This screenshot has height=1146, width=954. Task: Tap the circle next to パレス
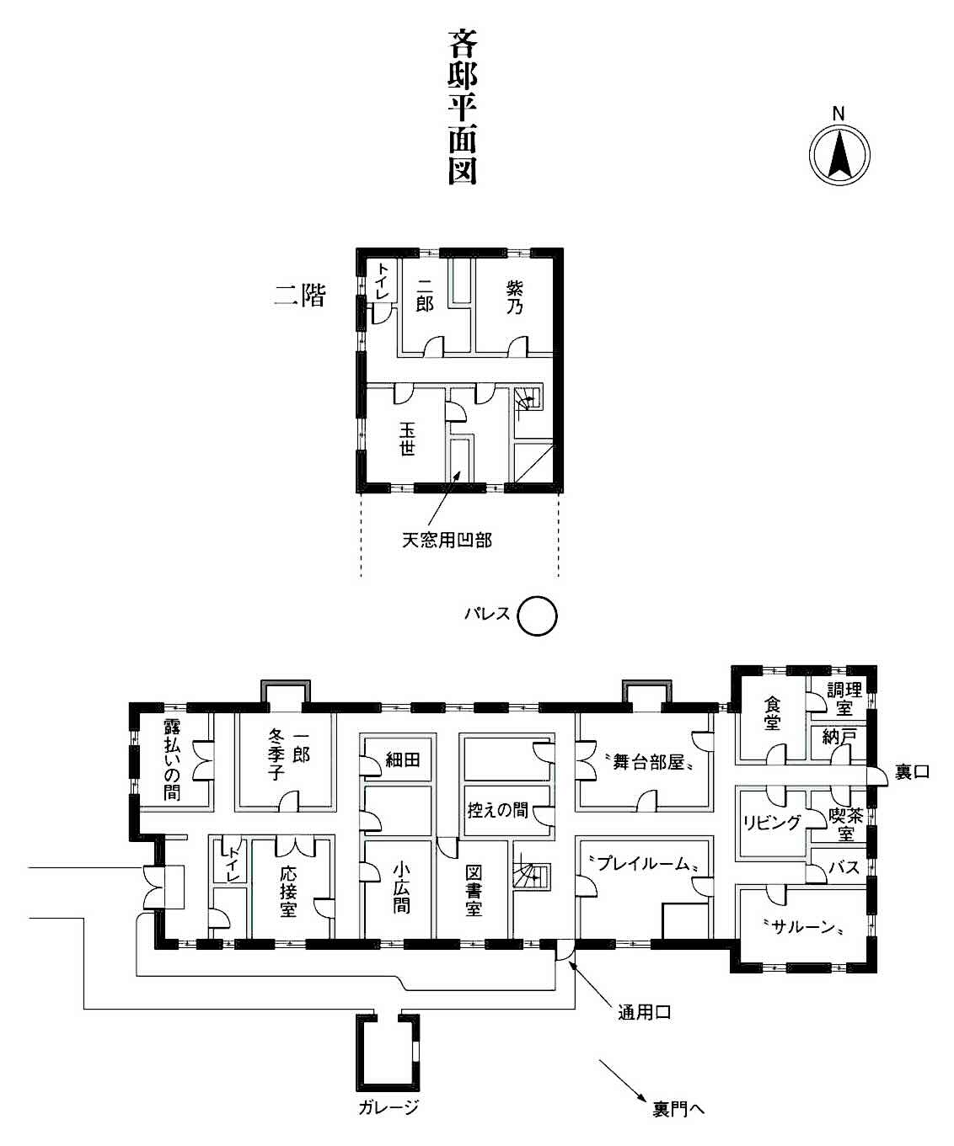(x=538, y=616)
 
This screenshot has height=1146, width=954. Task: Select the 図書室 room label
(x=474, y=891)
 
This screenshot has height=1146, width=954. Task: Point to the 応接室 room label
(x=288, y=892)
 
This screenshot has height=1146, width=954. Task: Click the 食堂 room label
(x=772, y=713)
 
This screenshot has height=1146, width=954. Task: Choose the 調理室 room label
(x=844, y=699)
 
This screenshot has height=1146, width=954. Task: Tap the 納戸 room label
(x=839, y=737)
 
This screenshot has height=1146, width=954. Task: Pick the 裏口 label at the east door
(x=912, y=771)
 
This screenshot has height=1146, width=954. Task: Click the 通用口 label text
(x=644, y=1013)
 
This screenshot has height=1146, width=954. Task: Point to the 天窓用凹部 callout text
(x=447, y=540)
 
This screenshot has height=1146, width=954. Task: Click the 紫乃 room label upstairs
(x=515, y=298)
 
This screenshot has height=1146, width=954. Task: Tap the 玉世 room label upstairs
(x=407, y=439)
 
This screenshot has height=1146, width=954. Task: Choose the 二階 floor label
(x=300, y=296)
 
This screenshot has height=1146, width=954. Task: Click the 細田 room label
(x=403, y=759)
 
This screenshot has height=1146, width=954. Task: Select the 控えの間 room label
(x=497, y=809)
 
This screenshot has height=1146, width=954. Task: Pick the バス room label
(x=844, y=866)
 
